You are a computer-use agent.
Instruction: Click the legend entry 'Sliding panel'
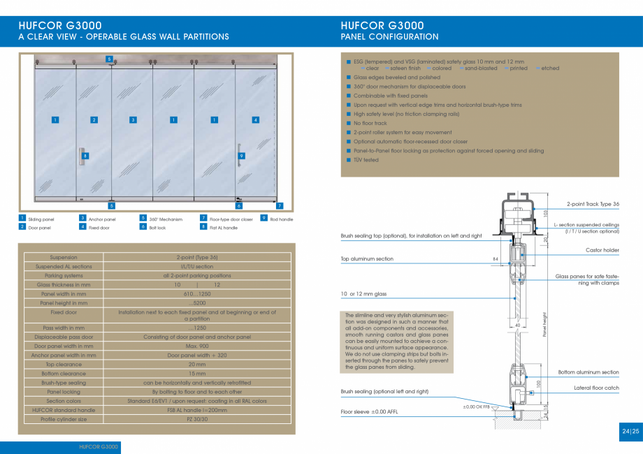41,219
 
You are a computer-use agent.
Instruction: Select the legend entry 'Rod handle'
281,219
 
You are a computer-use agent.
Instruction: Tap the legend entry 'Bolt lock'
157,228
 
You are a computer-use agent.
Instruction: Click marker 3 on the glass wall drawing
133,120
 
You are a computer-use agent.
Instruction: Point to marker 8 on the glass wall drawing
85,156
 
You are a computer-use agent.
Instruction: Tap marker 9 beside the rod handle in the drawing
241,156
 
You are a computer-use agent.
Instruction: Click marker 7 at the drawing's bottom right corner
279,206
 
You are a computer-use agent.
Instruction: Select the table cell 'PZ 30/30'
196,420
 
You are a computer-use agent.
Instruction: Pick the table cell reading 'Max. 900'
196,346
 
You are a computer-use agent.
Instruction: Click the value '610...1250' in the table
196,294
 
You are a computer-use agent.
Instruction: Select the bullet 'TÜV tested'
366,160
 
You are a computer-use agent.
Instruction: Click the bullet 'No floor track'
370,123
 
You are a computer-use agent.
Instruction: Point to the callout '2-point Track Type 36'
593,204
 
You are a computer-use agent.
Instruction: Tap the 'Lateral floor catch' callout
596,388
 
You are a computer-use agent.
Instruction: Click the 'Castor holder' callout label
602,249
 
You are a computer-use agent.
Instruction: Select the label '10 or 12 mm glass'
363,294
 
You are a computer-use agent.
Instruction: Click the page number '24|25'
630,432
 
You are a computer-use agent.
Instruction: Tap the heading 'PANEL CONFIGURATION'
389,37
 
